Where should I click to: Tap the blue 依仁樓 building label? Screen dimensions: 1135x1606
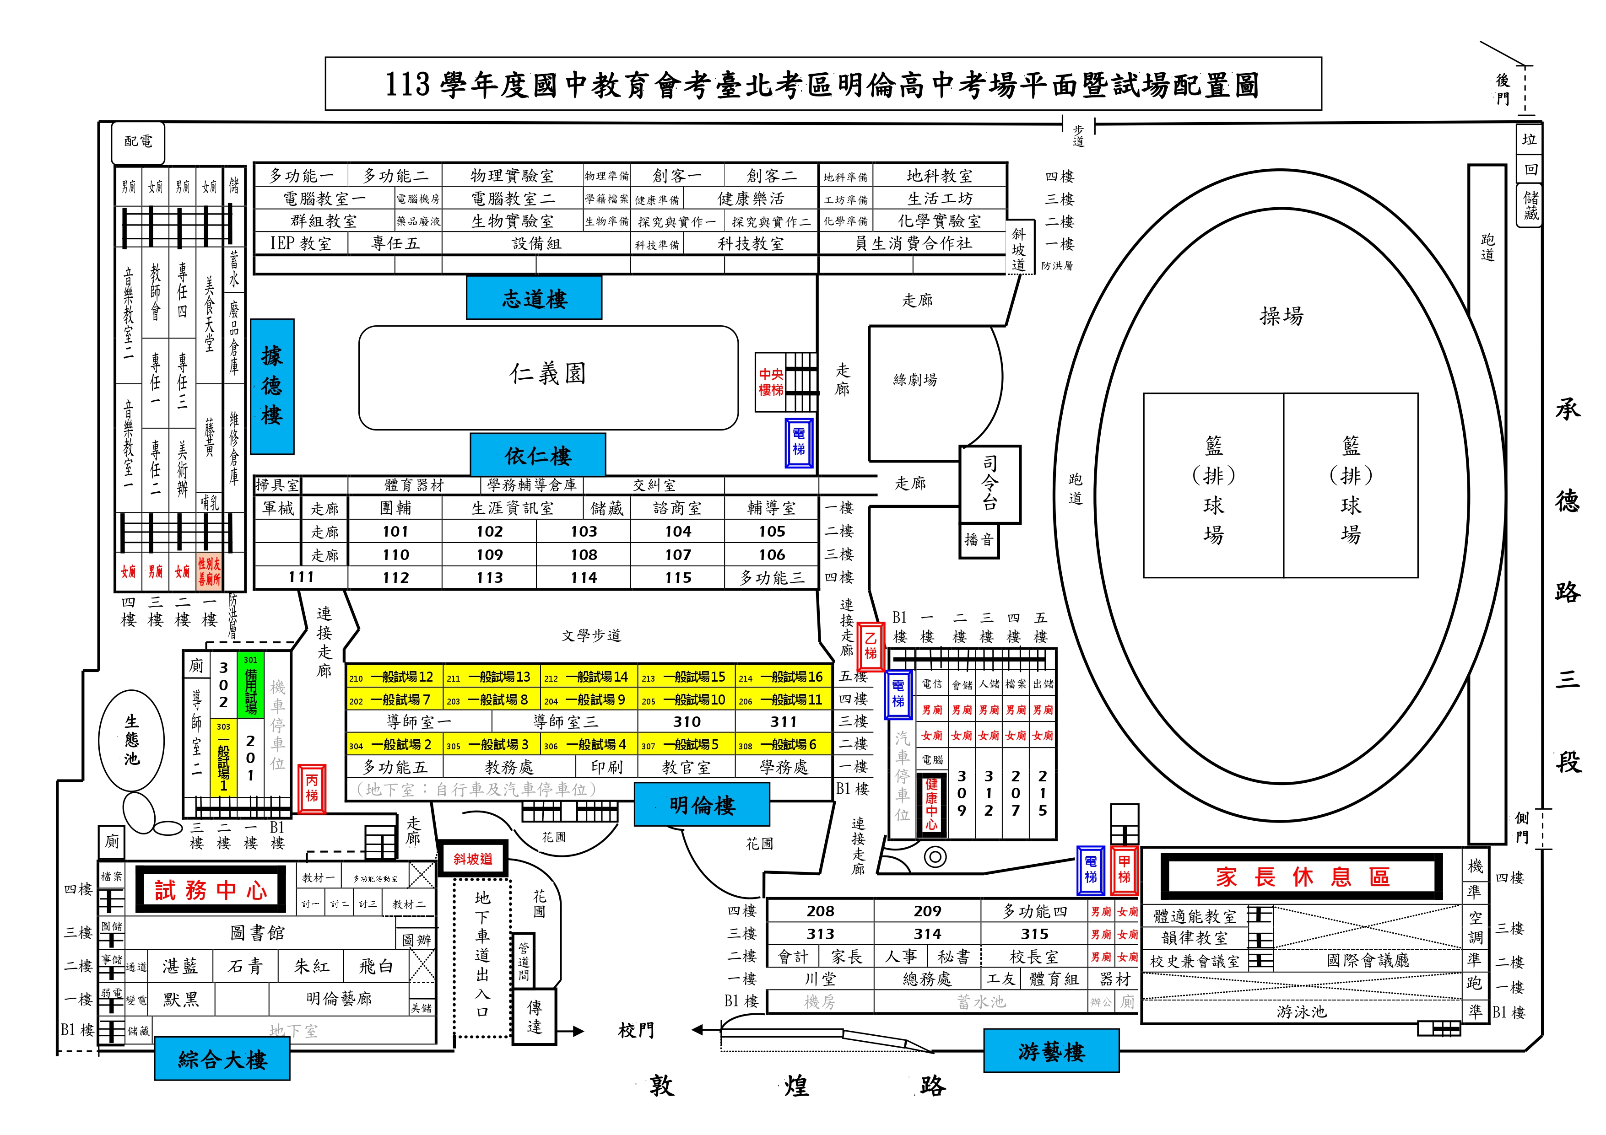pos(538,455)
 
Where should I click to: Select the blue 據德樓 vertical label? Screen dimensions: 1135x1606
pos(272,386)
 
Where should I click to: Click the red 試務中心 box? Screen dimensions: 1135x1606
pos(211,889)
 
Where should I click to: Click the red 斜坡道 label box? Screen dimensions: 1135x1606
pos(473,859)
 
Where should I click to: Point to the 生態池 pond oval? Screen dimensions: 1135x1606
pos(132,740)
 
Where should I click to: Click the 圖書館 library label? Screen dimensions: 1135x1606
pos(257,933)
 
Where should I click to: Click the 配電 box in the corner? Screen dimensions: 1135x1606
pos(139,142)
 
